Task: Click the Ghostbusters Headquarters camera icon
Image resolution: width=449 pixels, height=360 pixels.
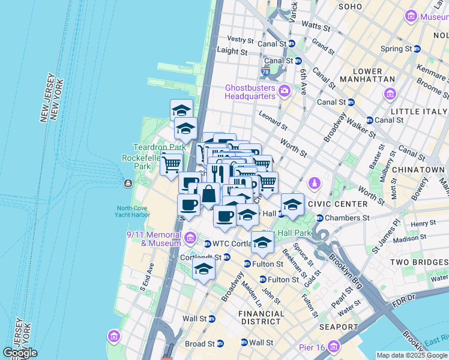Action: click(284, 92)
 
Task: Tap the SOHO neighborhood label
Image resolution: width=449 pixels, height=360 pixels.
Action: click(350, 7)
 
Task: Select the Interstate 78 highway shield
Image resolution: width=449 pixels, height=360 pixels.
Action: click(265, 72)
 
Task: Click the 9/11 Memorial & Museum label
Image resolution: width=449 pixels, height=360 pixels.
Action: click(153, 239)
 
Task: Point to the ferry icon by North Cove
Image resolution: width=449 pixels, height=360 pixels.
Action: click(127, 183)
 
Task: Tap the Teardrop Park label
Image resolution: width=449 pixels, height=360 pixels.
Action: click(158, 147)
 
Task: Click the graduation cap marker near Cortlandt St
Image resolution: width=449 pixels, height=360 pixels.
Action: click(204, 269)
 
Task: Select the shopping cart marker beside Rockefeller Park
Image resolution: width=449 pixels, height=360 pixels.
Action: click(172, 163)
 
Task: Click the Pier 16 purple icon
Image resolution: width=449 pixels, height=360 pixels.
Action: click(333, 347)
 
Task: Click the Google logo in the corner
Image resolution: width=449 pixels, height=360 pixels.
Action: click(20, 353)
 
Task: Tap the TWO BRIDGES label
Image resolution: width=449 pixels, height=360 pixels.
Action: click(418, 262)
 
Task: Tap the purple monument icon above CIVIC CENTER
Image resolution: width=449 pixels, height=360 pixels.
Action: click(313, 182)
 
